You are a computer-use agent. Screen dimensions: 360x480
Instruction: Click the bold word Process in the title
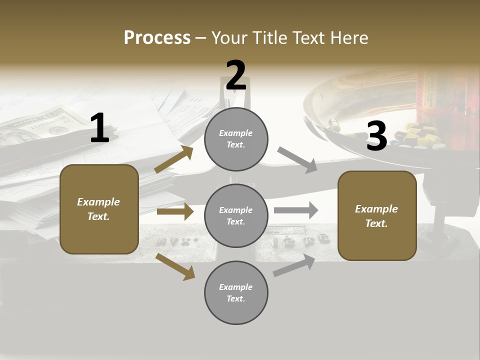coord(157,37)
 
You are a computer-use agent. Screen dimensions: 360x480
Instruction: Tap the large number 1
coord(99,128)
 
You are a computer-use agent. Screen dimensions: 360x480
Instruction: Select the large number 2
coord(236,75)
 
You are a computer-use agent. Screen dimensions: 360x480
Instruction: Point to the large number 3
coord(376,136)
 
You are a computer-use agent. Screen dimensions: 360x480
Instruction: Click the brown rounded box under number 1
coord(99,209)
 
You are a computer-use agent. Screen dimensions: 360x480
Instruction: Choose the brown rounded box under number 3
coord(377,215)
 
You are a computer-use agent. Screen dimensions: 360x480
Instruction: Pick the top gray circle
coord(236,139)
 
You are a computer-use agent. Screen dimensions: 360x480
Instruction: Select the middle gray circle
coord(236,215)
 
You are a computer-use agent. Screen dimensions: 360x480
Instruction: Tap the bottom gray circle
coord(236,292)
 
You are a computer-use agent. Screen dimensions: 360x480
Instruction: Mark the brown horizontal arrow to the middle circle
coord(175,211)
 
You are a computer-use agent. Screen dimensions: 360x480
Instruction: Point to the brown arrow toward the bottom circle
coord(175,266)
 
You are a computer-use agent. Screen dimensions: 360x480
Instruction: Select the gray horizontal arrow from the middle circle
coord(295,210)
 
